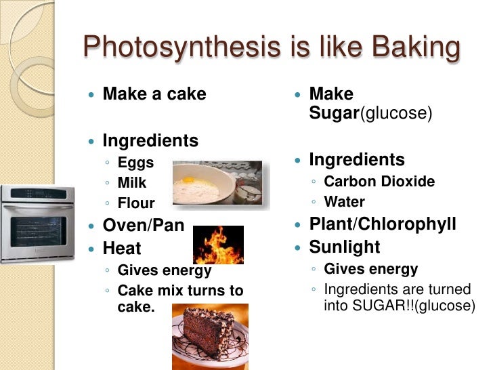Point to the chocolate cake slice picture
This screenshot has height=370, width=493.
click(x=210, y=335)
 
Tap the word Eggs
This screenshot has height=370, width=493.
click(x=135, y=163)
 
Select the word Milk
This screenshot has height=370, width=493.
click(x=132, y=183)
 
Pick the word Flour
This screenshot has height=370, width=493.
click(x=136, y=203)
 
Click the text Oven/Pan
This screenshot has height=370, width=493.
click(x=143, y=226)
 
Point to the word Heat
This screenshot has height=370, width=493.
click(x=122, y=248)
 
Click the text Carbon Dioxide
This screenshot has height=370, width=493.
click(x=379, y=182)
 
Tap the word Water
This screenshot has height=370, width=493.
click(x=345, y=202)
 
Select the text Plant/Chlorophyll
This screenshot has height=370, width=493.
click(x=383, y=224)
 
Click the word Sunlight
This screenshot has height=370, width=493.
click(x=345, y=247)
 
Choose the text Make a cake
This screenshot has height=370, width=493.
click(x=154, y=94)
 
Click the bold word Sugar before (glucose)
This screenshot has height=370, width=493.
click(x=333, y=112)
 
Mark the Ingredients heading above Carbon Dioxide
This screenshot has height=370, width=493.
click(x=357, y=160)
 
